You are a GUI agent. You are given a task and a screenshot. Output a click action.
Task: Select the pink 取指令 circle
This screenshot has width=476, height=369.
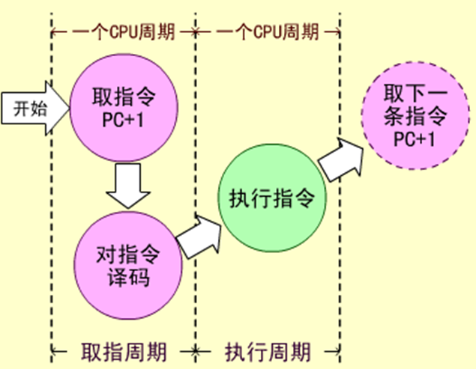[x=123, y=108]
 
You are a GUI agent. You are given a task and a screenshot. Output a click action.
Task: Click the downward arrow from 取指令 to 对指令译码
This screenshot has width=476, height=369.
[x=127, y=186]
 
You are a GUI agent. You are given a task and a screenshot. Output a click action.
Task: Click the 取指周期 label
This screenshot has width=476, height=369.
[x=124, y=350]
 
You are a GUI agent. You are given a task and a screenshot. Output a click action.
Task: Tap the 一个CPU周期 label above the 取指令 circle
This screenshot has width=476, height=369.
[x=124, y=32]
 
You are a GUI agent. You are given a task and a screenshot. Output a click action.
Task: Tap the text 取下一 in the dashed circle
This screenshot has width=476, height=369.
[x=415, y=95]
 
